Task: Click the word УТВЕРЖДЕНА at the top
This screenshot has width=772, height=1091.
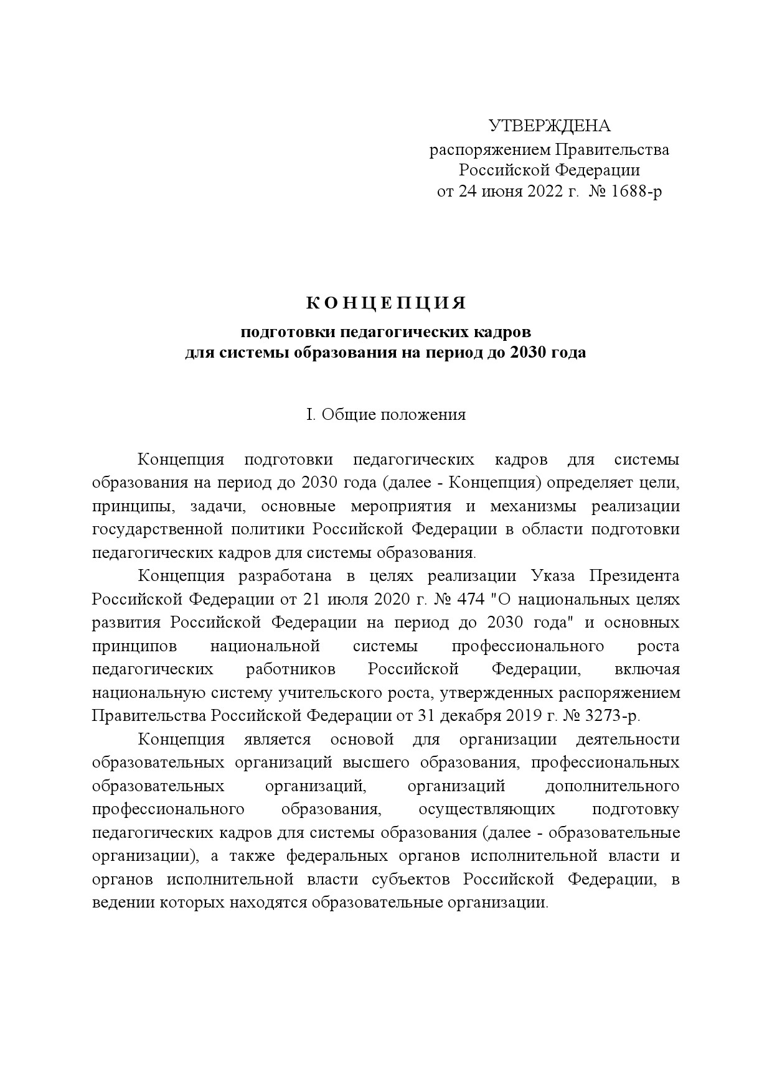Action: [x=550, y=126]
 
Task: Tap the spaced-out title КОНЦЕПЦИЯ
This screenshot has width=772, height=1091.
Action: [x=386, y=304]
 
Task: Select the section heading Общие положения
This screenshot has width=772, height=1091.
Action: [x=394, y=415]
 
